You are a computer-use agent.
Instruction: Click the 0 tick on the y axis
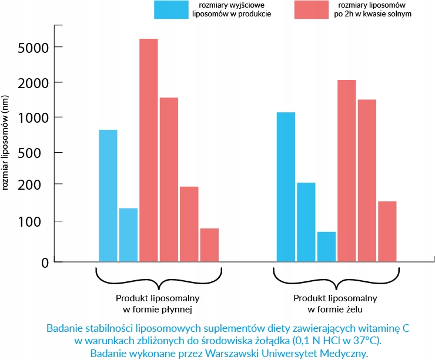(44, 262)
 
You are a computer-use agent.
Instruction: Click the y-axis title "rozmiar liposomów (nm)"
(6, 142)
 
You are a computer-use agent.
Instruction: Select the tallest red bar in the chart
(148, 150)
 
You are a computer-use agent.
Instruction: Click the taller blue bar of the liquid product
(108, 196)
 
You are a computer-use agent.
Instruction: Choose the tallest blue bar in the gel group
(286, 187)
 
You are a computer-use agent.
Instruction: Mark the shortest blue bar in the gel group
(326, 247)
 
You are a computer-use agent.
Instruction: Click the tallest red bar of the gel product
(346, 170)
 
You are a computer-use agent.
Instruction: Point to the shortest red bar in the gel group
(387, 231)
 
